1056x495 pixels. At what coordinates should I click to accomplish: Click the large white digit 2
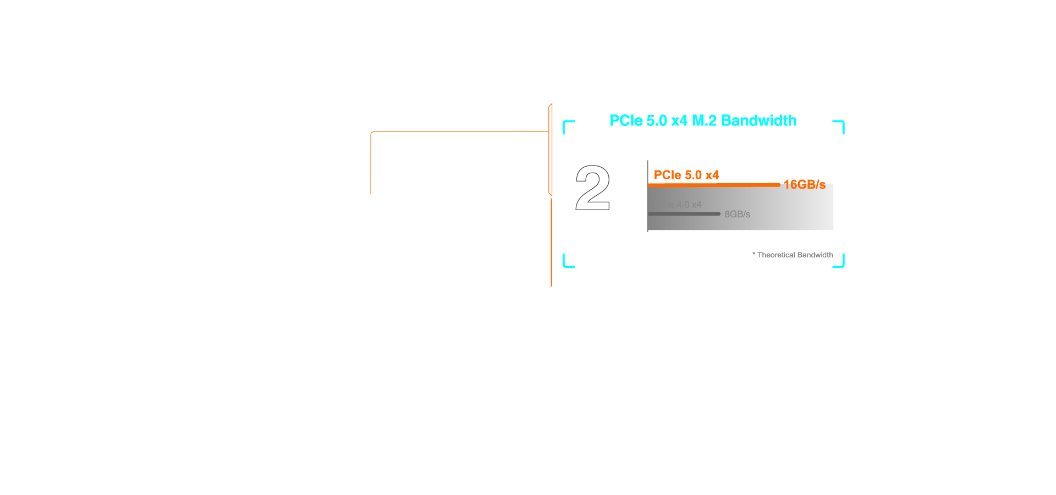[592, 188]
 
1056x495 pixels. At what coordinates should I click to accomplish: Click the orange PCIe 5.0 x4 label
[686, 175]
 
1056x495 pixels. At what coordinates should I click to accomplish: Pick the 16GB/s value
[804, 185]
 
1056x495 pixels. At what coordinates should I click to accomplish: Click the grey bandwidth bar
[684, 214]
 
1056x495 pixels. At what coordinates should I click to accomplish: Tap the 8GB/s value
[737, 215]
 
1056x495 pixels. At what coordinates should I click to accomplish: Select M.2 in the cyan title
[704, 121]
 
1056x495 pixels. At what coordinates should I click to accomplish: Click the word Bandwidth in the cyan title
[758, 121]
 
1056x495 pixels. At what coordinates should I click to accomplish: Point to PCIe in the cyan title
[626, 121]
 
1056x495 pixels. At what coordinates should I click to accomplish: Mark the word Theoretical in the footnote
[776, 255]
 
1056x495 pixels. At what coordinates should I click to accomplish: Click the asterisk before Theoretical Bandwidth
[754, 254]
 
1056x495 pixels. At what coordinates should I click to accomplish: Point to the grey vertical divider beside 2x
[648, 196]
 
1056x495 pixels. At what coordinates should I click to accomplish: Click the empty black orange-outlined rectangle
[459, 163]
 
